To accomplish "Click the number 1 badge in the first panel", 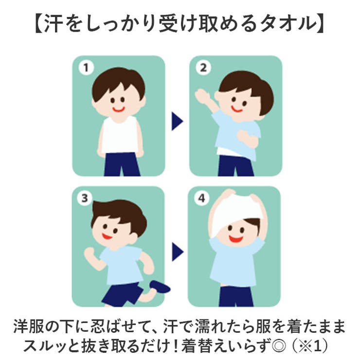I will (86, 68).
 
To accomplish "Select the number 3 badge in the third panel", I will (86, 198).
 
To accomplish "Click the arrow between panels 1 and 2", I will (177, 122).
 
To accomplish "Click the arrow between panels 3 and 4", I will (177, 252).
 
